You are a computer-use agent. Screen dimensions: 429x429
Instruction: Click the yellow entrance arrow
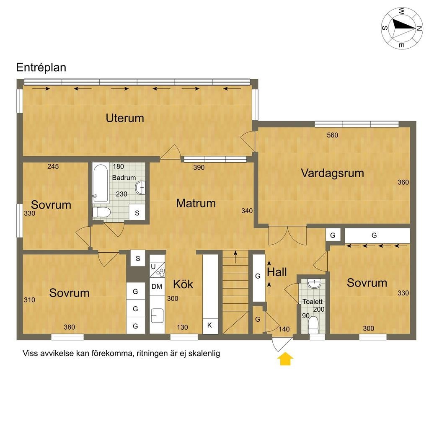pos(286,359)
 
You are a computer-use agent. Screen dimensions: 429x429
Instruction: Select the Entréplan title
pos(41,67)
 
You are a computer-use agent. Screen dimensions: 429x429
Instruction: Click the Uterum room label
pos(125,118)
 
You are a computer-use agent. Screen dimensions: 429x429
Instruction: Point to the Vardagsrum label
pos(332,173)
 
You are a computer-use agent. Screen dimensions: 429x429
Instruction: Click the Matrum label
pos(196,203)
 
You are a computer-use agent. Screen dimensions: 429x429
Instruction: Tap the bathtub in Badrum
pos(101,181)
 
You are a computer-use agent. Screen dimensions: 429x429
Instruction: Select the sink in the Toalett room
pos(313,284)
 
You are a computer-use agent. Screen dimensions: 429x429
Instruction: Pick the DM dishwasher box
pos(157,287)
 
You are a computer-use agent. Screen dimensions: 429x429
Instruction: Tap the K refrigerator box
pos(210,326)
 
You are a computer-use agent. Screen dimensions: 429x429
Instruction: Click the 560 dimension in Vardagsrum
pos(332,135)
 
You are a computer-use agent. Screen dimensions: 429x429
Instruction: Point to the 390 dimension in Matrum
pos(199,168)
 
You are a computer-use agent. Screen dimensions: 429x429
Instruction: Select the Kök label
pos(183,284)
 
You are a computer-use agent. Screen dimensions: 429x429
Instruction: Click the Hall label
pos(277,272)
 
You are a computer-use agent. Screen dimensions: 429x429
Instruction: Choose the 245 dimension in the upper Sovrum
pos(53,166)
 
